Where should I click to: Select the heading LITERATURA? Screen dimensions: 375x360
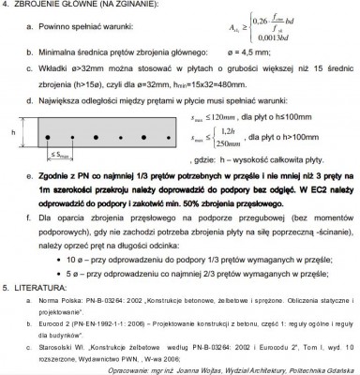tap(41, 286)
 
